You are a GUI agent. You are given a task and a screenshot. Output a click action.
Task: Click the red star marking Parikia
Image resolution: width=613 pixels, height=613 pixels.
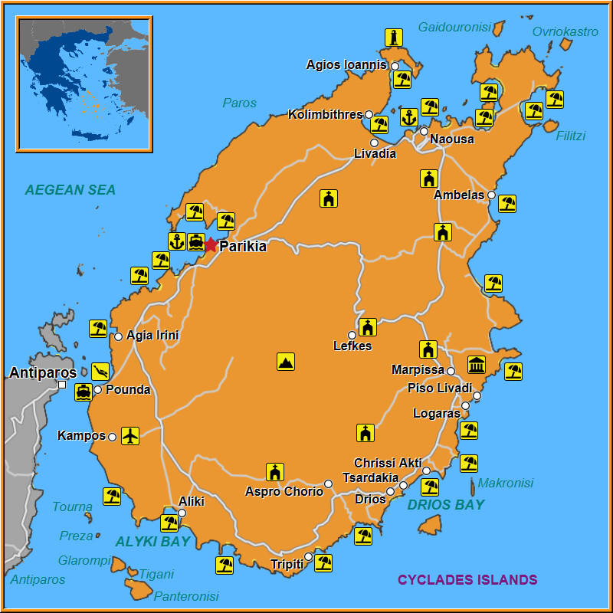tap(211, 244)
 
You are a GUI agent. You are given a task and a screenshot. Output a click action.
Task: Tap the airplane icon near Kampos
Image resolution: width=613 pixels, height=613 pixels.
tap(130, 436)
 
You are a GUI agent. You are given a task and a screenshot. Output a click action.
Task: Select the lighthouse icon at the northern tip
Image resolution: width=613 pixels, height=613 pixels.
tap(394, 38)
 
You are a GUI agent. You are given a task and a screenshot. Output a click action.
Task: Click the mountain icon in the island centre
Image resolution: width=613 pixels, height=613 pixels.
tap(286, 362)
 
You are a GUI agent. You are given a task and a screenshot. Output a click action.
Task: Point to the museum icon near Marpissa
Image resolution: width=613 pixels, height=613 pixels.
tap(477, 365)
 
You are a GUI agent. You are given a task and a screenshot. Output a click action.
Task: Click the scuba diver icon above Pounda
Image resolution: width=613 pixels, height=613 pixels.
tap(100, 372)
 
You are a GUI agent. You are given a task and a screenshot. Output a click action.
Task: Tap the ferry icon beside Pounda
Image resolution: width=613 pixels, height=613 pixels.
tap(84, 392)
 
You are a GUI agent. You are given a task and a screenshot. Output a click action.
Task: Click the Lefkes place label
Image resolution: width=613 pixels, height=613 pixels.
tap(352, 346)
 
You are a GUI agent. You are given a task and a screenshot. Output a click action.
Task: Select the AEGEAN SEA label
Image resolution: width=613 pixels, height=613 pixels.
tap(70, 190)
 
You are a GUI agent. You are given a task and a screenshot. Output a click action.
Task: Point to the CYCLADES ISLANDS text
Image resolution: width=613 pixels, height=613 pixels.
tap(467, 580)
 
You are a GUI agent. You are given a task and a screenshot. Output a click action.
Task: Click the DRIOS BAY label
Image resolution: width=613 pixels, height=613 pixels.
tap(446, 505)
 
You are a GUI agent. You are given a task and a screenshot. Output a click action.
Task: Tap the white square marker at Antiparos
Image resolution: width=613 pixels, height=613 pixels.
tap(62, 385)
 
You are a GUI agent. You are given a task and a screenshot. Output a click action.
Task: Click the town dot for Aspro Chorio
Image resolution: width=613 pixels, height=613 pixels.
tap(328, 484)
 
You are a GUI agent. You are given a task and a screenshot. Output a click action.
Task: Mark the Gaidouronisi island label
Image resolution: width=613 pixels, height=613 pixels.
tap(454, 28)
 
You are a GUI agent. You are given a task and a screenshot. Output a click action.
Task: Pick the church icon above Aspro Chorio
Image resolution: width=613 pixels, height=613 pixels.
tap(275, 472)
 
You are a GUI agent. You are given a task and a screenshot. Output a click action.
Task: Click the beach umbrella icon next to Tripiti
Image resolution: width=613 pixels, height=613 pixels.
tap(323, 563)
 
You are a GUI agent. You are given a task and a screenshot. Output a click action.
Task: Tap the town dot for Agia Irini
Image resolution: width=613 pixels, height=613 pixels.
tap(118, 336)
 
